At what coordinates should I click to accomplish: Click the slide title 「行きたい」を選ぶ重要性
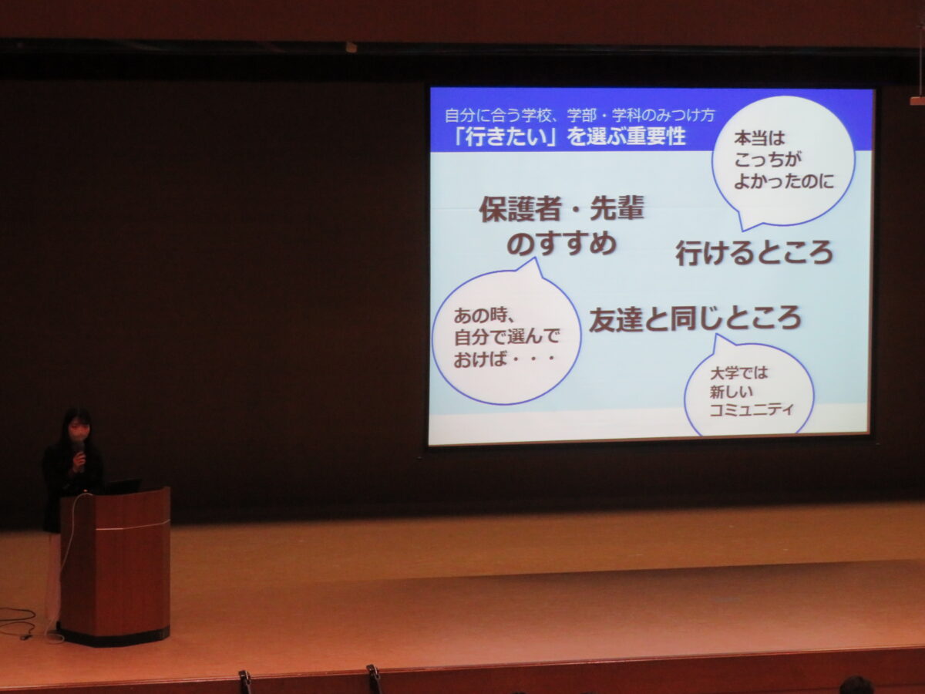click(570, 137)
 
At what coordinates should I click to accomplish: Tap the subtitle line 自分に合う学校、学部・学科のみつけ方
click(580, 115)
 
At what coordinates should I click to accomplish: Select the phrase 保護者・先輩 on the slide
click(562, 209)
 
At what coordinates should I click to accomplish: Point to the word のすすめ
click(562, 244)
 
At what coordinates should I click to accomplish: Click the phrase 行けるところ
click(755, 253)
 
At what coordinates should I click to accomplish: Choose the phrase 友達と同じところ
click(695, 319)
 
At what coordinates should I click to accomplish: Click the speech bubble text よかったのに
click(784, 182)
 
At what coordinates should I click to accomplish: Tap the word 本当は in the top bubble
click(759, 138)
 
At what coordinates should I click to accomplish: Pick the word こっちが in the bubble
click(768, 160)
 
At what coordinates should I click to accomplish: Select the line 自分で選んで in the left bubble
click(506, 337)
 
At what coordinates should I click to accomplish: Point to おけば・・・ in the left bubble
click(503, 359)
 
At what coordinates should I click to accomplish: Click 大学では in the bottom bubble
click(738, 372)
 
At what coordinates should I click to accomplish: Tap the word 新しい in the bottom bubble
click(732, 392)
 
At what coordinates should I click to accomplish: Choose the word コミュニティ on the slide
click(752, 409)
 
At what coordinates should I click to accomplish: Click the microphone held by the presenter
click(79, 452)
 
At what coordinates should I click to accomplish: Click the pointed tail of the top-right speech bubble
click(742, 230)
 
